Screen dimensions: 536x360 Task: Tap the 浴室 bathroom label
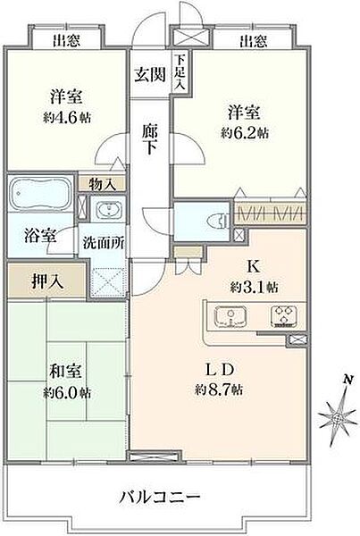39,237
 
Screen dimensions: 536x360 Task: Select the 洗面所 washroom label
105,241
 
